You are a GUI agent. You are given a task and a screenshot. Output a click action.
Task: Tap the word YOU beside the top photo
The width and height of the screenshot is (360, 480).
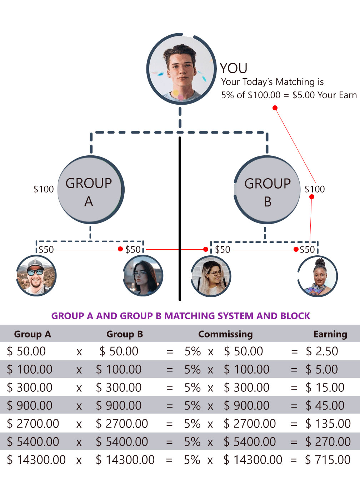234,68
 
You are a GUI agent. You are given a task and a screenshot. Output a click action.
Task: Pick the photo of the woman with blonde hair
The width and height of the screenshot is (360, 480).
211,276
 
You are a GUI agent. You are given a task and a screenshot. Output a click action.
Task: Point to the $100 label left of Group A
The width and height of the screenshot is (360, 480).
44,189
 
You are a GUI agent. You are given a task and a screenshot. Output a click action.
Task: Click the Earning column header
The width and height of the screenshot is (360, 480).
330,334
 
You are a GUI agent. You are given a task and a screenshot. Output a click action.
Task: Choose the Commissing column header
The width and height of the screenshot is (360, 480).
225,334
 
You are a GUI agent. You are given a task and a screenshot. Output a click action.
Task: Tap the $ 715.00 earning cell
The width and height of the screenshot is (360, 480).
328,460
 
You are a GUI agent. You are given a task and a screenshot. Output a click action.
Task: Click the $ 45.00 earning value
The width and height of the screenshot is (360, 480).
325,406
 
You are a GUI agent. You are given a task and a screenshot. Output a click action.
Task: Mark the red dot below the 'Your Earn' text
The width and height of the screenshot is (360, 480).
275,108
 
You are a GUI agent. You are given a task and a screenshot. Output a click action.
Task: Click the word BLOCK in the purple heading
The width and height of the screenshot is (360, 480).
295,316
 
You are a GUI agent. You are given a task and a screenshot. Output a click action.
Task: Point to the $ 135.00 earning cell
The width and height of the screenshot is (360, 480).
328,424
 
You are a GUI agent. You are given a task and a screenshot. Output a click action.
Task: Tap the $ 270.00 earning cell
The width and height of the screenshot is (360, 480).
328,442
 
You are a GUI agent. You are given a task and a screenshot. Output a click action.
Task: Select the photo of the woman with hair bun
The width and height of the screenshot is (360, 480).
317,276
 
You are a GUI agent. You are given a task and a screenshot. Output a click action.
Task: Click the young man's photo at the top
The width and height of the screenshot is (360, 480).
181,69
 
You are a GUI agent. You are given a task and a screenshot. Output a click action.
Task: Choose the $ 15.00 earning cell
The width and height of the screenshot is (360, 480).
325,387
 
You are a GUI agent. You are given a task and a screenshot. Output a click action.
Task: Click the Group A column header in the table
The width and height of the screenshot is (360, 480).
32,334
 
